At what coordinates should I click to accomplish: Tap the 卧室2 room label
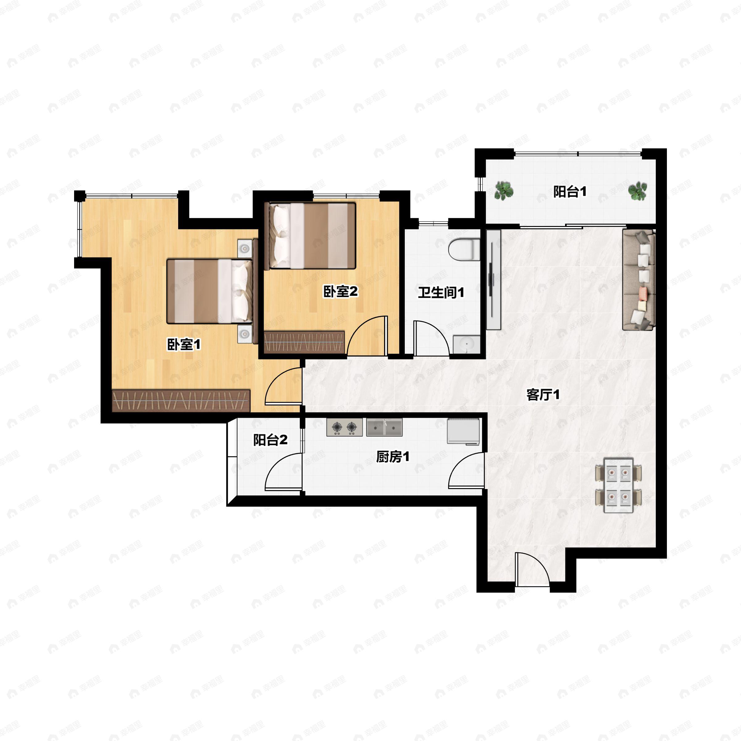(340, 291)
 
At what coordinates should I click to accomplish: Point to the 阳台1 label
(570, 191)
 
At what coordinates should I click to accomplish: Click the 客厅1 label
(543, 394)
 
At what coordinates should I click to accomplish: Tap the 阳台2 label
(270, 440)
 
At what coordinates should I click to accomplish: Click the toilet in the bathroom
(464, 249)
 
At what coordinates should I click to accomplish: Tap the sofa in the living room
(638, 280)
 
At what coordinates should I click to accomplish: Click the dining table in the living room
(618, 485)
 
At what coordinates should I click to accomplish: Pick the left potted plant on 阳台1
(504, 190)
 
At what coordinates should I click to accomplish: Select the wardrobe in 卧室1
(181, 400)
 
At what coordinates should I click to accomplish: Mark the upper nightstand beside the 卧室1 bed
(244, 249)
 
